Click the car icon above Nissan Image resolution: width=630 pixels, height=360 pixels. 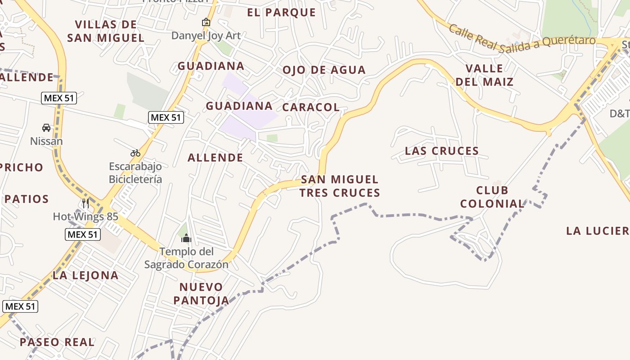pyautogui.click(x=46, y=128)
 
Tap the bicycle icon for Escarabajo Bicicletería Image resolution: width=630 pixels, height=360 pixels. pyautogui.click(x=135, y=153)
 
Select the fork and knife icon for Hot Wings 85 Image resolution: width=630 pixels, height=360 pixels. pyautogui.click(x=85, y=203)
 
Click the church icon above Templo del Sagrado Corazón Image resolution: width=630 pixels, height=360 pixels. pyautogui.click(x=186, y=238)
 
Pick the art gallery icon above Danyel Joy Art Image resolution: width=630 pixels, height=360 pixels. pyautogui.click(x=206, y=22)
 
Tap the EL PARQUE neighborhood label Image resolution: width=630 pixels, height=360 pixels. pyautogui.click(x=281, y=12)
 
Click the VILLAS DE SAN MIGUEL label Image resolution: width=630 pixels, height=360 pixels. pyautogui.click(x=106, y=31)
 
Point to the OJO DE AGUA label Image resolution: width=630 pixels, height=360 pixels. pyautogui.click(x=324, y=70)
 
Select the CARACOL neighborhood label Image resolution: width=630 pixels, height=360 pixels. pyautogui.click(x=310, y=107)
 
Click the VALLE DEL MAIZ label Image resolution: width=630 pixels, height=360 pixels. pyautogui.click(x=484, y=75)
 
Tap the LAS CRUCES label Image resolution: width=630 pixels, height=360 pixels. pyautogui.click(x=441, y=151)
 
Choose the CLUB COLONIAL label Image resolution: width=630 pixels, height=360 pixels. pyautogui.click(x=492, y=197)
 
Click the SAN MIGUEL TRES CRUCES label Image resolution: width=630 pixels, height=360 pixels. pyautogui.click(x=340, y=186)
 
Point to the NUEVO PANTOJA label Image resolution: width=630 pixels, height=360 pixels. pyautogui.click(x=201, y=293)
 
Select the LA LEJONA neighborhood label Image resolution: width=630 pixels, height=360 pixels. pyautogui.click(x=85, y=275)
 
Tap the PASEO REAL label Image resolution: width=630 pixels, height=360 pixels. pyautogui.click(x=57, y=342)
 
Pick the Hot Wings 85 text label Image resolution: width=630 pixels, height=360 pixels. pyautogui.click(x=85, y=217)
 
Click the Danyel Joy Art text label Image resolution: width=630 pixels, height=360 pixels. pyautogui.click(x=206, y=36)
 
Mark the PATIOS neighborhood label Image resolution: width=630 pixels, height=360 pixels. pyautogui.click(x=27, y=199)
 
